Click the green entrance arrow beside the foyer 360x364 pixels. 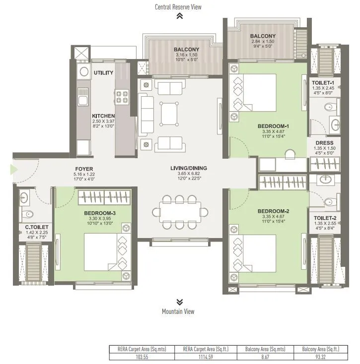pyautogui.click(x=14, y=170)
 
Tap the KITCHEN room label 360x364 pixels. pyautogui.click(x=103, y=116)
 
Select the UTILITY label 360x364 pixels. pyautogui.click(x=103, y=73)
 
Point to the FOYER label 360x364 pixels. pyautogui.click(x=84, y=169)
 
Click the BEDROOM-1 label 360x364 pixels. pyautogui.click(x=273, y=126)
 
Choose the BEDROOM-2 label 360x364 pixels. pyautogui.click(x=273, y=211)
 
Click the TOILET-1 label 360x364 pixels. pyautogui.click(x=323, y=82)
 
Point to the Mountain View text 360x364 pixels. pyautogui.click(x=178, y=311)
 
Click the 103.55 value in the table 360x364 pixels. pyautogui.click(x=140, y=356)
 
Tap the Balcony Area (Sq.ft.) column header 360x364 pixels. pyautogui.click(x=324, y=349)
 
